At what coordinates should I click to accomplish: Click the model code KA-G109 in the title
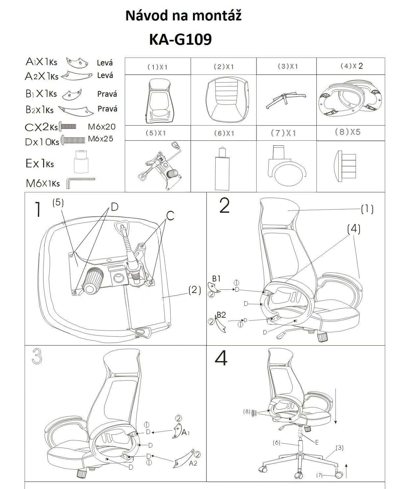click(180, 39)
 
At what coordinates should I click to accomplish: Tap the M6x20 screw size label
click(101, 127)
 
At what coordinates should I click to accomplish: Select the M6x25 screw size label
click(100, 139)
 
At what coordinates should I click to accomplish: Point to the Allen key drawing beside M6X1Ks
click(81, 183)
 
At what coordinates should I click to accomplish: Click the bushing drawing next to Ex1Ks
click(81, 161)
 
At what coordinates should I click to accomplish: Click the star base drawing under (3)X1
click(286, 101)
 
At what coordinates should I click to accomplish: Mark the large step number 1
click(38, 209)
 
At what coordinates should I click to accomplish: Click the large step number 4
click(221, 358)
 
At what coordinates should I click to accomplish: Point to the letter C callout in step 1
click(170, 215)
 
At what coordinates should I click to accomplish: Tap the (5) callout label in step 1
click(58, 203)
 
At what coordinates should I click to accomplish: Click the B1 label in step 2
click(216, 279)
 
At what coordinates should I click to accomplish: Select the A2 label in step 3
click(193, 463)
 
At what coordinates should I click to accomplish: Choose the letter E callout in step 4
click(317, 442)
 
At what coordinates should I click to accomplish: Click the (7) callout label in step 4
click(319, 475)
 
